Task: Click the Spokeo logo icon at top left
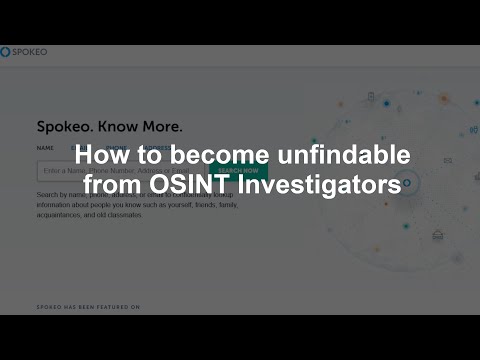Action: click(6, 52)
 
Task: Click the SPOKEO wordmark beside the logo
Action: click(29, 52)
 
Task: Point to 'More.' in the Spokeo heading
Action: click(160, 127)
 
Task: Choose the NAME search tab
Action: click(45, 148)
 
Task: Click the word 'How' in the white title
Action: click(102, 157)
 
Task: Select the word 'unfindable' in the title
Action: click(331, 157)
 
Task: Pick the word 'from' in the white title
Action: click(118, 185)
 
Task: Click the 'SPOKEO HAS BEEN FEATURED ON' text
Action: click(87, 307)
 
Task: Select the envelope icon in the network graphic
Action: click(447, 159)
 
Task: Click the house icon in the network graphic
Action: click(437, 235)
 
